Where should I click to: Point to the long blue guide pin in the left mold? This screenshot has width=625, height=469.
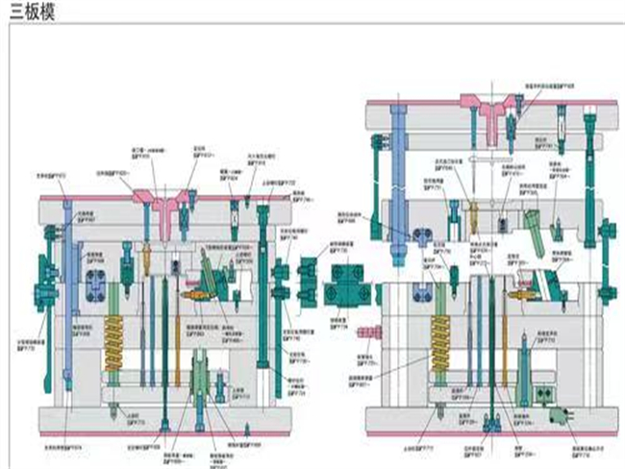[x=66, y=279]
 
